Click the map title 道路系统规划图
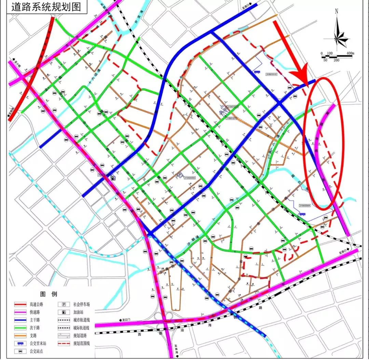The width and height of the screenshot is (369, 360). pos(46,7)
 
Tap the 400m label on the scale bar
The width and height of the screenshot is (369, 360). pos(350,53)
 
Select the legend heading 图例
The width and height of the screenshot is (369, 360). pos(49,294)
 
